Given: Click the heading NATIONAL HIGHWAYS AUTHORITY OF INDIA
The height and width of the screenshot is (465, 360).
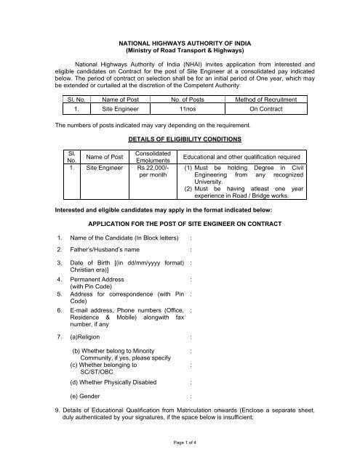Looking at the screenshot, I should click(x=179, y=44).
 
